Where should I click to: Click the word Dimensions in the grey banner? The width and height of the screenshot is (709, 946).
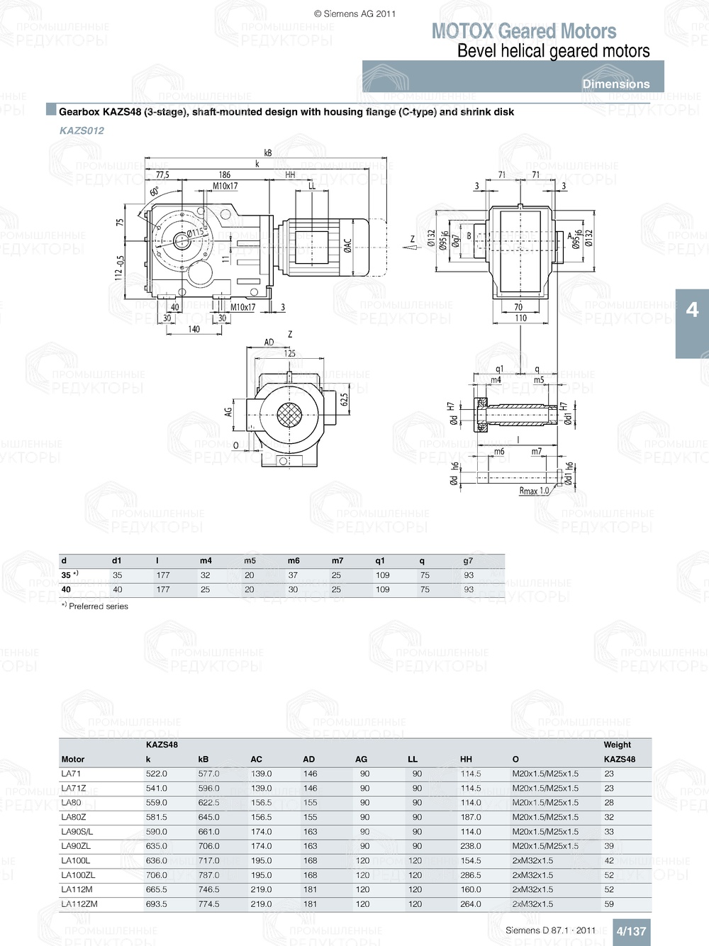pos(615,84)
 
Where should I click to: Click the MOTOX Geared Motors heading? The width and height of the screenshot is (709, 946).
pos(524,31)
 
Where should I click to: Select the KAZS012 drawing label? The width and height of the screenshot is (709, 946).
pos(82,130)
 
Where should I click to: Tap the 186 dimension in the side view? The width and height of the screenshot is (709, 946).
pos(224,174)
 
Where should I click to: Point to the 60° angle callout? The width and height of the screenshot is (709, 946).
pos(155,191)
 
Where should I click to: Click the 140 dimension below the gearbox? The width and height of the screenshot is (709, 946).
pos(194,329)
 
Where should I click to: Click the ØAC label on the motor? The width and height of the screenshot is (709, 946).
pos(347,245)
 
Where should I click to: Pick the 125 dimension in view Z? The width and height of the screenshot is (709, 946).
pos(289,353)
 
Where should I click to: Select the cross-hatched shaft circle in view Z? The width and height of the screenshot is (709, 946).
pos(289,415)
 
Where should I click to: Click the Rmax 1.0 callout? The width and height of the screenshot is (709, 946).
pos(534,491)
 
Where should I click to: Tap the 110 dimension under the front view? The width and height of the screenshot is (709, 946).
pos(520,318)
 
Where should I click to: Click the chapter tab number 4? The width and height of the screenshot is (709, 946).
pos(692,310)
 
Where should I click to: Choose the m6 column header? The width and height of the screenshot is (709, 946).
pos(294,560)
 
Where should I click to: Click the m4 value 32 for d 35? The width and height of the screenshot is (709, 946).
pos(205,575)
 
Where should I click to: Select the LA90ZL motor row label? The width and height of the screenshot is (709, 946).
pos(76,846)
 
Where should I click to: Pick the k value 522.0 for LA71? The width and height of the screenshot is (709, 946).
pos(156,774)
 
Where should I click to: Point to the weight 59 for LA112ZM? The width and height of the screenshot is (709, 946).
pos(609,904)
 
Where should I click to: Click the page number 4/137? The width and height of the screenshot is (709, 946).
pos(630,931)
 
